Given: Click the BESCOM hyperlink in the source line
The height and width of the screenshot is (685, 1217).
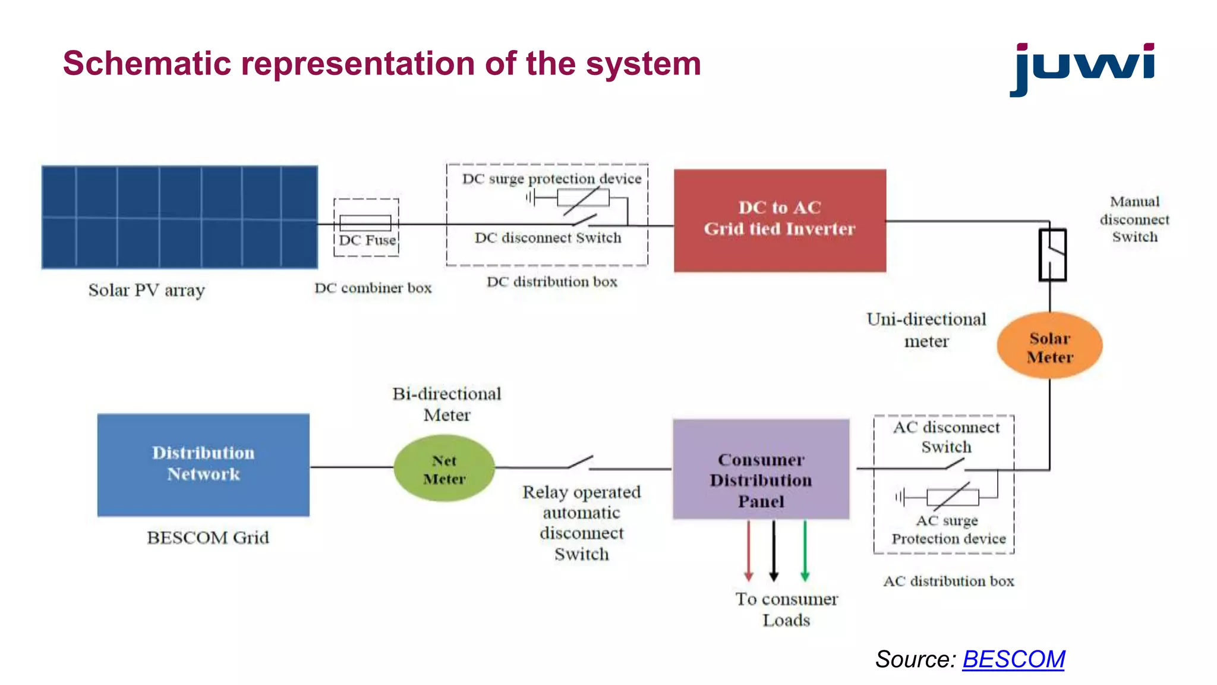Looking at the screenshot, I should [1013, 659].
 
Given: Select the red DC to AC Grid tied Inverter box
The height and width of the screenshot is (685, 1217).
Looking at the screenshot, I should [780, 221].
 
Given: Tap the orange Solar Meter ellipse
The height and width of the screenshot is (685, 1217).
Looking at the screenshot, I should [1049, 346].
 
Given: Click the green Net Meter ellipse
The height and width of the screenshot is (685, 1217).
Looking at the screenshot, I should [444, 469].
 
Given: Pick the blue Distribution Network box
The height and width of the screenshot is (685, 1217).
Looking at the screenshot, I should [203, 464].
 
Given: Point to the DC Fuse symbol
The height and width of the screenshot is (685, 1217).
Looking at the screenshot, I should [365, 224].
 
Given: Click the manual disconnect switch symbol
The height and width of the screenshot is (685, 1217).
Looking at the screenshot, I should [1052, 254].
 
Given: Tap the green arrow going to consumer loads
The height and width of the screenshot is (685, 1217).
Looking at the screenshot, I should [805, 550].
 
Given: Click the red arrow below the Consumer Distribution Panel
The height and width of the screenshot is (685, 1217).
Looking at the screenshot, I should [749, 550].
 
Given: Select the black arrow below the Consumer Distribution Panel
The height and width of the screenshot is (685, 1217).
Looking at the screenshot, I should [774, 550].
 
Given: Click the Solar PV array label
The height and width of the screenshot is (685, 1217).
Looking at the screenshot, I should [147, 290].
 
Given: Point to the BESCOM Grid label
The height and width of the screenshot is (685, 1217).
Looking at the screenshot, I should [208, 538].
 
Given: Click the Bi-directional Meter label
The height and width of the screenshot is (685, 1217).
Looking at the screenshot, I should [447, 404].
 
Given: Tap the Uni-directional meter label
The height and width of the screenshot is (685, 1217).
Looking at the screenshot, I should [926, 330].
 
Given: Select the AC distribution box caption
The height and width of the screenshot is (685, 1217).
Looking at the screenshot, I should [948, 581].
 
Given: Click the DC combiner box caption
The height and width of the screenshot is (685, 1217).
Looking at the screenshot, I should [373, 288].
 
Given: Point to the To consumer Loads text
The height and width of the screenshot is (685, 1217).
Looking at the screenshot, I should [786, 609].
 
